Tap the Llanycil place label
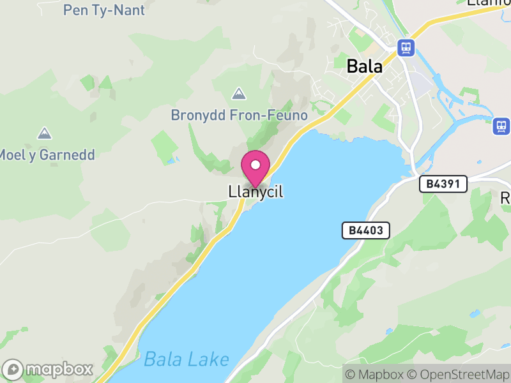coord(256,191)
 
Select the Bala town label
coord(365,66)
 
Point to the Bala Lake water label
coord(186,359)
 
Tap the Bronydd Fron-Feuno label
coord(239,116)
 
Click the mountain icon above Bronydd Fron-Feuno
coord(239,94)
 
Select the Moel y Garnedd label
coord(47,154)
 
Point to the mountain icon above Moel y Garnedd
coord(44,133)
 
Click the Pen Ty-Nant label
coord(104,10)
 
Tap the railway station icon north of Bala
coord(405,47)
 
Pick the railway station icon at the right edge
coord(501,126)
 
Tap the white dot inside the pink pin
coord(256,165)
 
